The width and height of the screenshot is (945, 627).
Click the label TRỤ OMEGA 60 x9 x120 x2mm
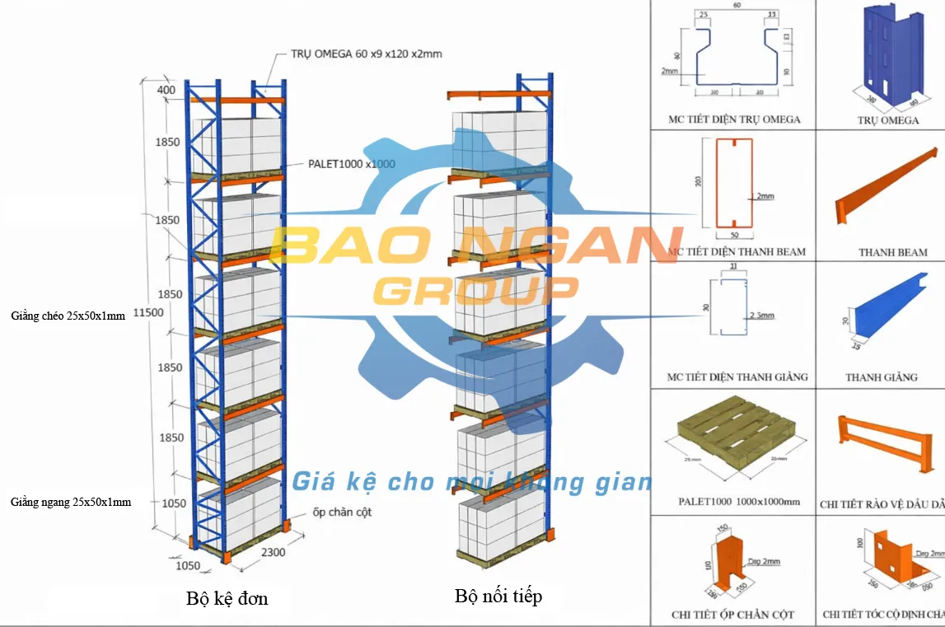click(x=367, y=54)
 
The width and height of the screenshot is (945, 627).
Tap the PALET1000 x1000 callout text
click(x=352, y=164)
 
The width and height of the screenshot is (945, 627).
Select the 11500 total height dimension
click(x=149, y=313)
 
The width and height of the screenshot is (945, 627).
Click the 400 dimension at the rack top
click(x=167, y=91)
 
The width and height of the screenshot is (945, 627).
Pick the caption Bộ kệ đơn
click(x=227, y=598)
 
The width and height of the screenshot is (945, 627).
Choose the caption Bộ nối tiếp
click(x=498, y=596)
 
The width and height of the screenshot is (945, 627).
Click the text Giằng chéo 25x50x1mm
click(x=68, y=315)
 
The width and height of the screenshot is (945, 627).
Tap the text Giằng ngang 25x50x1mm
click(x=71, y=501)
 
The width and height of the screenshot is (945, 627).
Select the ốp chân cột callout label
click(x=342, y=512)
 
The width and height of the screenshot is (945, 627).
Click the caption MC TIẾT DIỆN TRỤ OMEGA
click(x=734, y=119)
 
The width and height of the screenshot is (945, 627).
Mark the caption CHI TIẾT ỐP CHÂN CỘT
click(x=732, y=615)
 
